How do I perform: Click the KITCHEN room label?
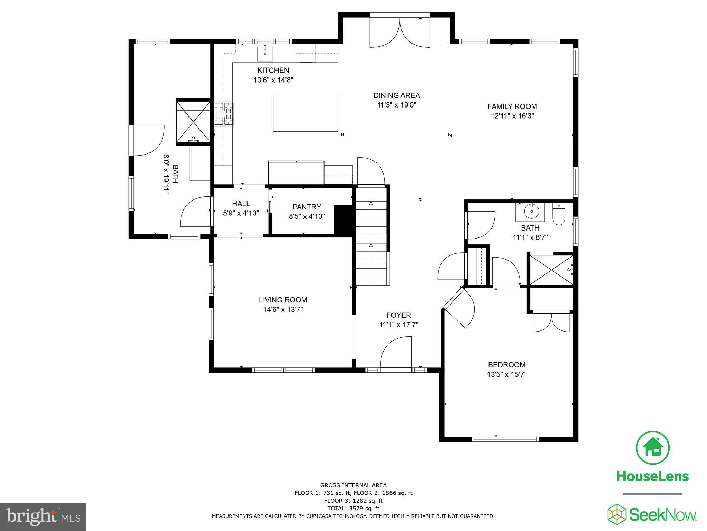273,71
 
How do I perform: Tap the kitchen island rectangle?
305,114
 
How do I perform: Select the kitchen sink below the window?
265,54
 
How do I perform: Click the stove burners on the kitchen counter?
224,114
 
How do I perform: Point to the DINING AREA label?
396,96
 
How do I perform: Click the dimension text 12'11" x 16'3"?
512,116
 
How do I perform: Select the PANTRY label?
307,207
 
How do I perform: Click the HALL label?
241,204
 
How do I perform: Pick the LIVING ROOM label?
283,300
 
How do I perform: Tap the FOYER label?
398,315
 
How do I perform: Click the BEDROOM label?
506,365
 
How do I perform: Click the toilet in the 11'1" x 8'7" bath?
559,214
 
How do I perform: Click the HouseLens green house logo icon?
652,448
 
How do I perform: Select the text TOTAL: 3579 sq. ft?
353,508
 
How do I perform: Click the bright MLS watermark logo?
43,517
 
